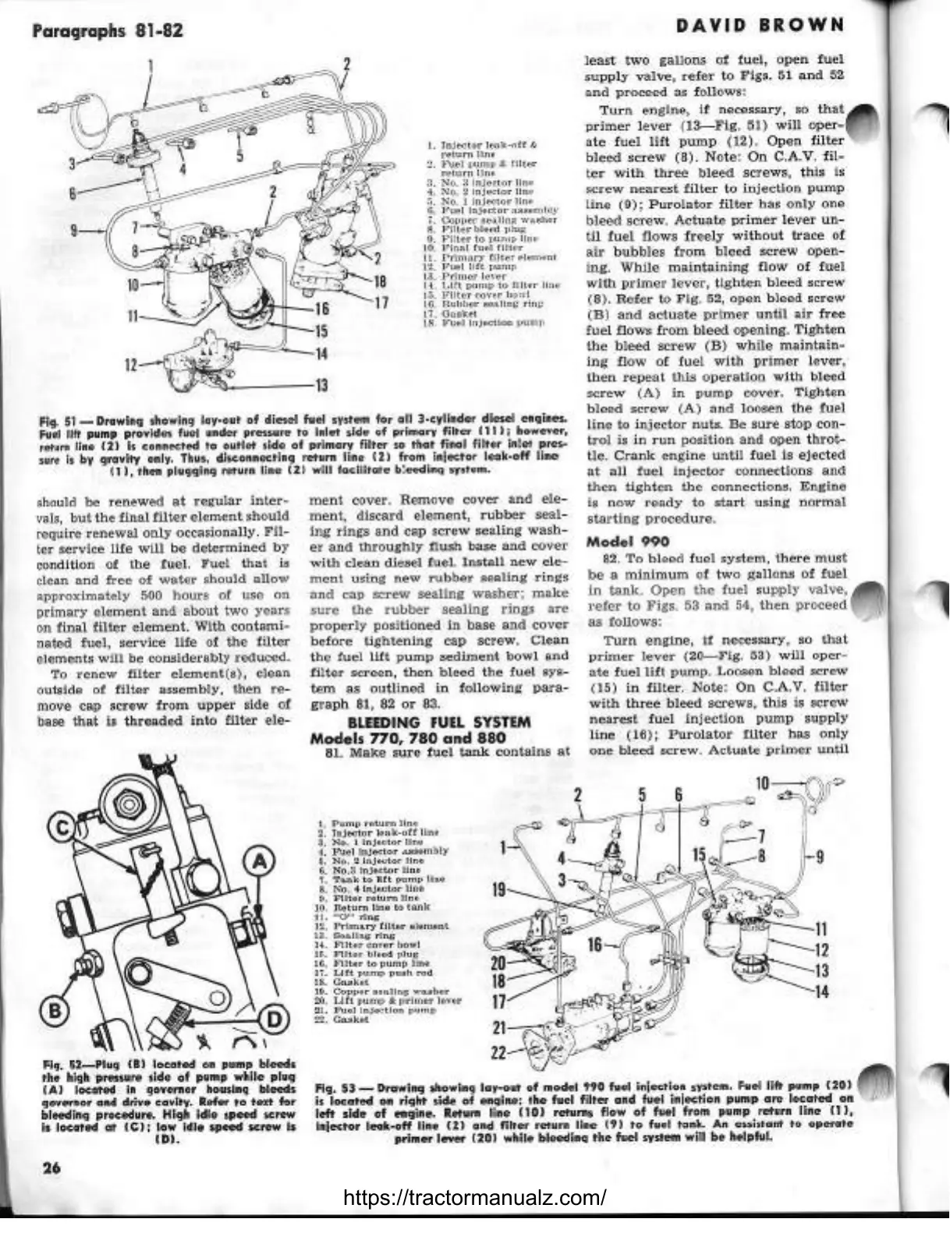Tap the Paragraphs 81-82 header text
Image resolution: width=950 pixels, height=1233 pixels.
click(108, 31)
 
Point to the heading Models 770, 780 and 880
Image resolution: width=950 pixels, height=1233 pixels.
click(408, 737)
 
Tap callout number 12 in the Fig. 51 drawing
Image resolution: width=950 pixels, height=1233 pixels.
click(136, 363)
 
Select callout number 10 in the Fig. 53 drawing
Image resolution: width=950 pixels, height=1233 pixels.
click(763, 782)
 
